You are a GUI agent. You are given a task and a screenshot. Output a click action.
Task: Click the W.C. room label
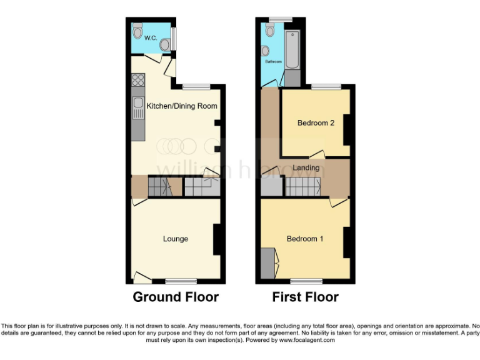click(x=150, y=38)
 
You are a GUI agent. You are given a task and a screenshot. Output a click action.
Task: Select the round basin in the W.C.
click(x=166, y=44)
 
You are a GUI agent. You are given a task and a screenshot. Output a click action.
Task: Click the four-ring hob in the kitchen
click(x=137, y=80)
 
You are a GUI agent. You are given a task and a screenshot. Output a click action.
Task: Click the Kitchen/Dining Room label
click(x=182, y=106)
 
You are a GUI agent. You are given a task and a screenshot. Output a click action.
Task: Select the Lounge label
click(x=176, y=239)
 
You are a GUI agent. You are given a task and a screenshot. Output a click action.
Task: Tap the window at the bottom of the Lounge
click(x=181, y=280)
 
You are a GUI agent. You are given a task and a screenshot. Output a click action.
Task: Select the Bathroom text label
click(x=274, y=62)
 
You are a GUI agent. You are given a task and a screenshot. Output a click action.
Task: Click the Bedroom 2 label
click(x=316, y=123)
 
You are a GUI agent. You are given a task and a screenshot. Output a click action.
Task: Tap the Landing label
click(x=306, y=167)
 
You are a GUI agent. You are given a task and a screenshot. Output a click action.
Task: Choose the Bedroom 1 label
click(x=305, y=239)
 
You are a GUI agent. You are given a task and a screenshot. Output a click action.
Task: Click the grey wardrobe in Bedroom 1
click(x=267, y=262)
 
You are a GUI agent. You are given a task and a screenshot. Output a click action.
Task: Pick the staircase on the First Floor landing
click(x=303, y=186)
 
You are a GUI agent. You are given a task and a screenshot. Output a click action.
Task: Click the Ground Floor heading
click(x=176, y=297)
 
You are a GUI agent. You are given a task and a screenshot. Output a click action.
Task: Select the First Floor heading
click(x=305, y=297)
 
